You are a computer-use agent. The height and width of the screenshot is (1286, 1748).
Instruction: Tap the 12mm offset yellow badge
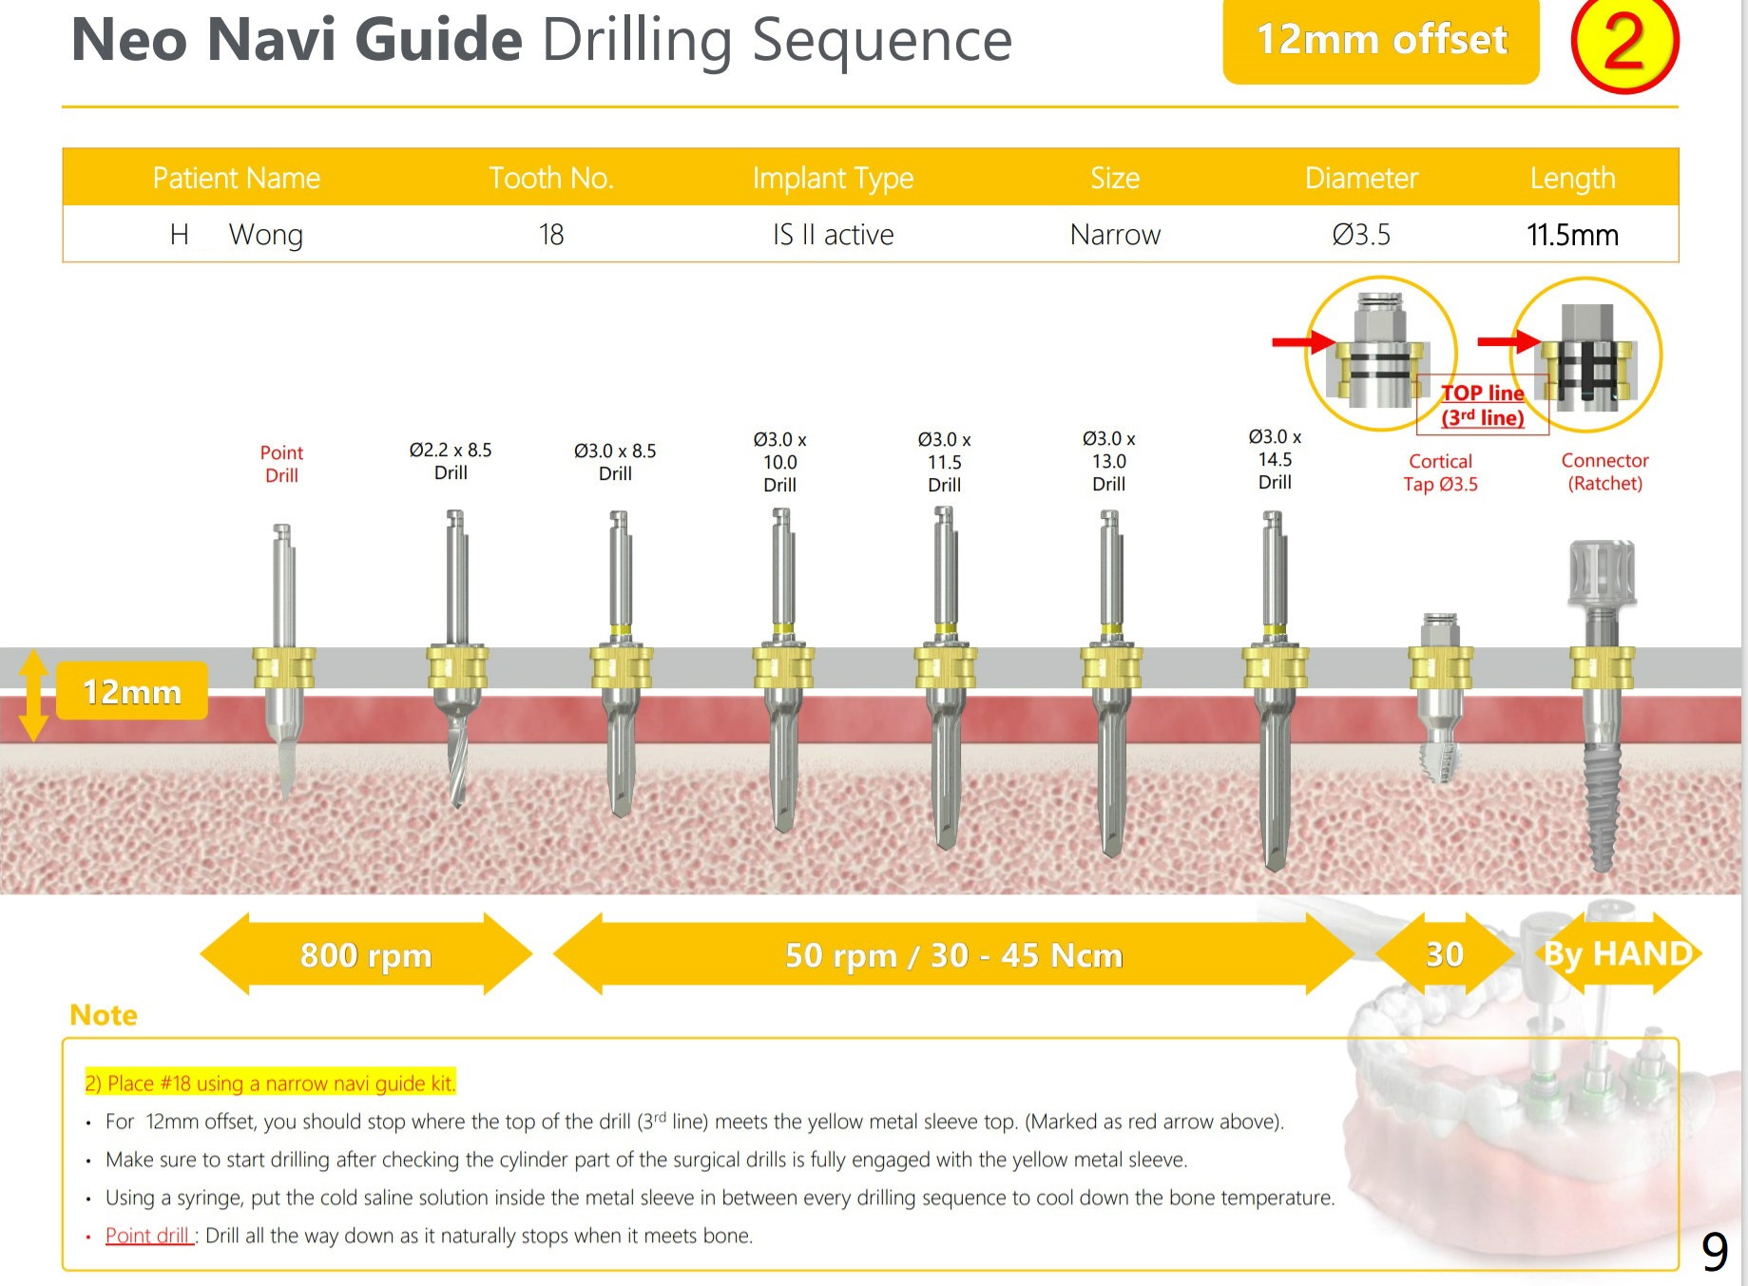coord(1380,41)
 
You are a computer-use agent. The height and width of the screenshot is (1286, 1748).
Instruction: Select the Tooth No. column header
coord(551,178)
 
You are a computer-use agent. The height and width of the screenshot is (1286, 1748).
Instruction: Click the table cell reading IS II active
coord(833,235)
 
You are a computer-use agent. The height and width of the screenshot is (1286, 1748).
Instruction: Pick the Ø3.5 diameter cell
coord(1360,235)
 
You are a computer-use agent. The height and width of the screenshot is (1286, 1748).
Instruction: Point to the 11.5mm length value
coord(1572,235)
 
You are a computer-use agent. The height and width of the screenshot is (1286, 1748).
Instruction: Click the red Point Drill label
coord(281,464)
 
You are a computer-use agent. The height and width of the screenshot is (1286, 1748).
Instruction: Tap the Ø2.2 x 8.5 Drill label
coord(451,461)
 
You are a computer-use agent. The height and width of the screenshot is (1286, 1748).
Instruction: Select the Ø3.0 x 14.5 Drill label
coord(1275,459)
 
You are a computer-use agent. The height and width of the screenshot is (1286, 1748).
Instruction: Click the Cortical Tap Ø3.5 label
coord(1440,472)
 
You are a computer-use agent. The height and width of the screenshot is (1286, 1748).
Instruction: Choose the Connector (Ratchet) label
coord(1604,471)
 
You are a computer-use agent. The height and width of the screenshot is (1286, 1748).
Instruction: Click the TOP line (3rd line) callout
coord(1482,405)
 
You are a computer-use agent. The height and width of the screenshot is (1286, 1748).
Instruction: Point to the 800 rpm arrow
coord(366,954)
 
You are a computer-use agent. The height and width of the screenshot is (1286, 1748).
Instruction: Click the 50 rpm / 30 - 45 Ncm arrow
coord(953,954)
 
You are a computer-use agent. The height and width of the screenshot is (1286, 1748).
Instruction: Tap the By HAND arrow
coord(1618,953)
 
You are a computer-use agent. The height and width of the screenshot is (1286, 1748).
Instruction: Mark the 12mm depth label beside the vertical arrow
coord(132,691)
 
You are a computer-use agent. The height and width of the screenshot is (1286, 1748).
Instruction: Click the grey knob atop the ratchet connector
coord(1602,571)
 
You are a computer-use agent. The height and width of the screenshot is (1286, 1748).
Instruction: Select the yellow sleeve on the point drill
coord(283,667)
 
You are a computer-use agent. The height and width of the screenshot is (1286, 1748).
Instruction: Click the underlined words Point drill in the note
coord(147,1236)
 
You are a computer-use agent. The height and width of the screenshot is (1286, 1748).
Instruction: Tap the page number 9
coord(1714,1252)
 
